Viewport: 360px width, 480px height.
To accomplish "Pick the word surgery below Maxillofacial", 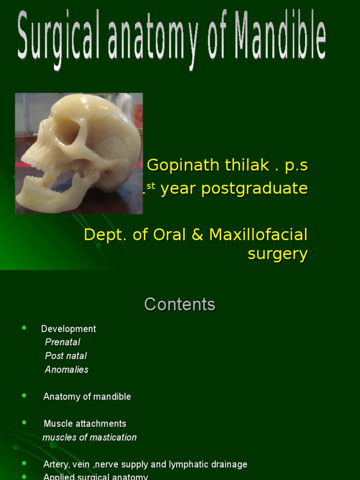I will click(277, 254).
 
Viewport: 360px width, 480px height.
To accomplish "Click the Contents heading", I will click(180, 305).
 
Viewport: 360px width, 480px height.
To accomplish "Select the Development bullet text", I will click(68, 329).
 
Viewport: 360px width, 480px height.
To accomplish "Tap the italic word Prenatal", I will click(62, 342).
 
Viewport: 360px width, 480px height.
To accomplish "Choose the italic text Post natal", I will click(66, 356).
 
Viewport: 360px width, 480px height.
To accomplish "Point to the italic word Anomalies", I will click(67, 369).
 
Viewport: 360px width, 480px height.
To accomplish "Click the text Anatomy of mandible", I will click(87, 397).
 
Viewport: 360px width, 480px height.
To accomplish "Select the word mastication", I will click(113, 437).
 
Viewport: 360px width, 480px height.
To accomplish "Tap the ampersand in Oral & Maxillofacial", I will click(198, 234).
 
